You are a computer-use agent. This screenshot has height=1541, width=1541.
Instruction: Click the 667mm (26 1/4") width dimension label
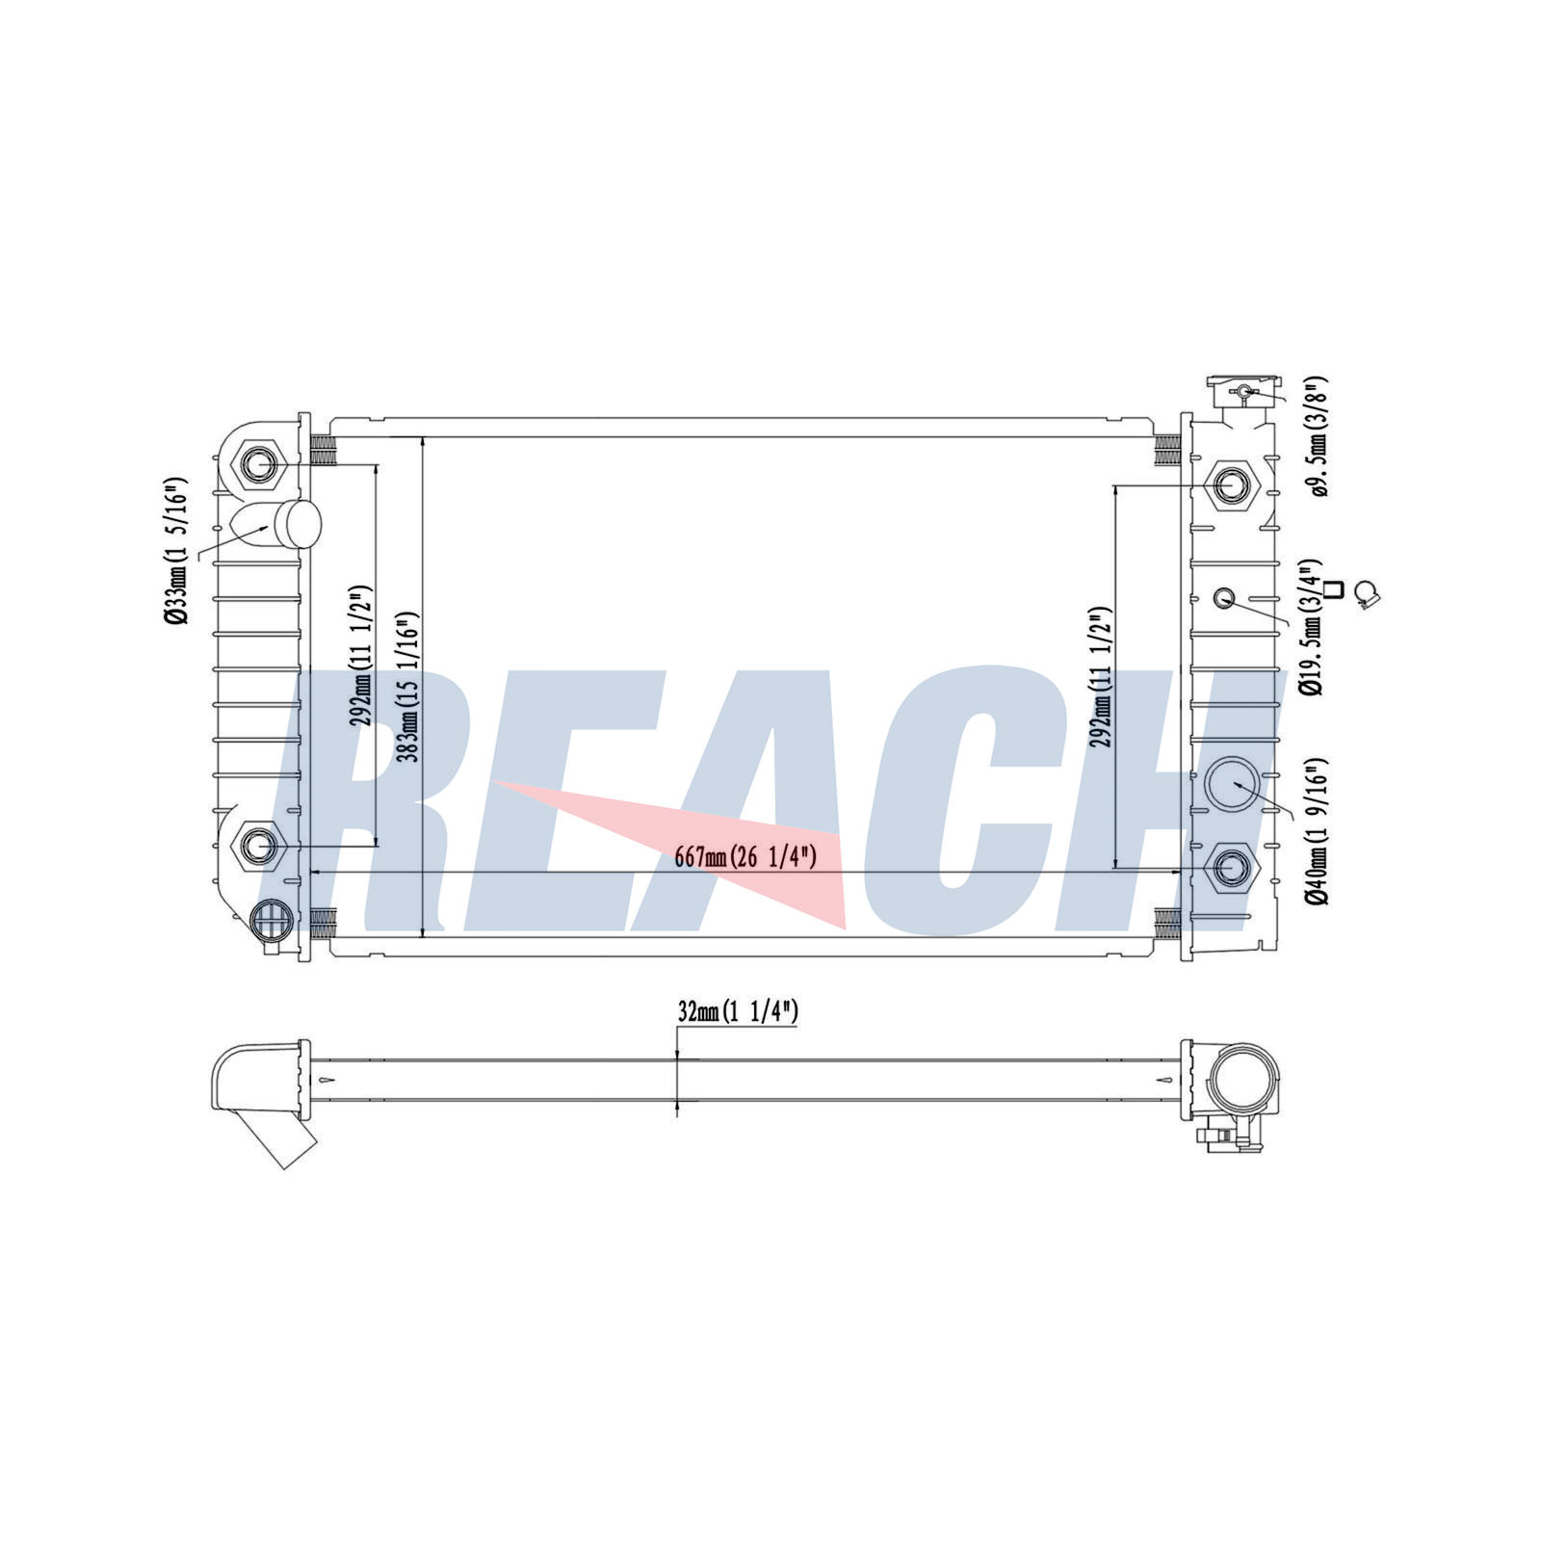pos(745,856)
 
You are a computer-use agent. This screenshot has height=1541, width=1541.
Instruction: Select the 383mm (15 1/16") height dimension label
pos(408,687)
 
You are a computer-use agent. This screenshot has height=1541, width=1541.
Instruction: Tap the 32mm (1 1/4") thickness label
pos(738,1011)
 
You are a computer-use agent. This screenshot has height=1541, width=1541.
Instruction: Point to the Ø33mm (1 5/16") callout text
pos(175,551)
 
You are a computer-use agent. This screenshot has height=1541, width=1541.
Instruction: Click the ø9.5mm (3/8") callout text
pos(1319,436)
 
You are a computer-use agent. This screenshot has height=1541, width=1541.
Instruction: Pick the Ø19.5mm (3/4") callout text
pos(1311,627)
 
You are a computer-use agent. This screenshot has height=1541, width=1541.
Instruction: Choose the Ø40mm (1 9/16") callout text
pos(1318,831)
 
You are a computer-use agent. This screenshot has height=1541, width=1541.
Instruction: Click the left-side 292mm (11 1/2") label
pos(361,655)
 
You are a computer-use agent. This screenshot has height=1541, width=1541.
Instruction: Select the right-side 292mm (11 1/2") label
pos(1102,677)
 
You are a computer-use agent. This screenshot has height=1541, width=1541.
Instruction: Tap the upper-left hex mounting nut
pos(258,465)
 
